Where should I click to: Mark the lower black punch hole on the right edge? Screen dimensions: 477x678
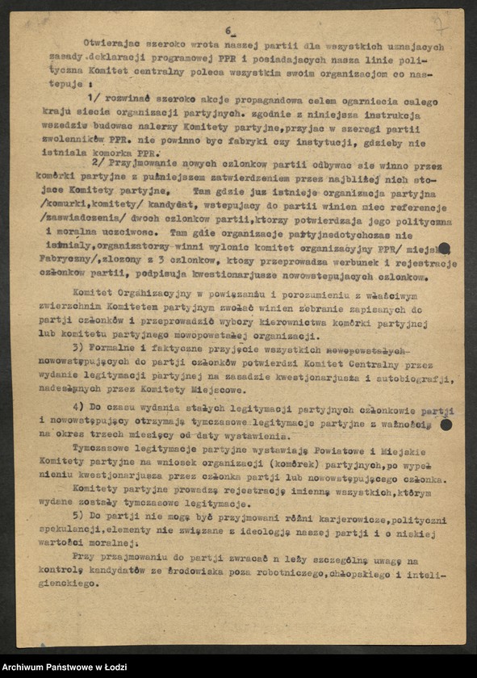[x=445, y=423]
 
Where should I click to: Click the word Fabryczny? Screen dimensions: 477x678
[x=68, y=262]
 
